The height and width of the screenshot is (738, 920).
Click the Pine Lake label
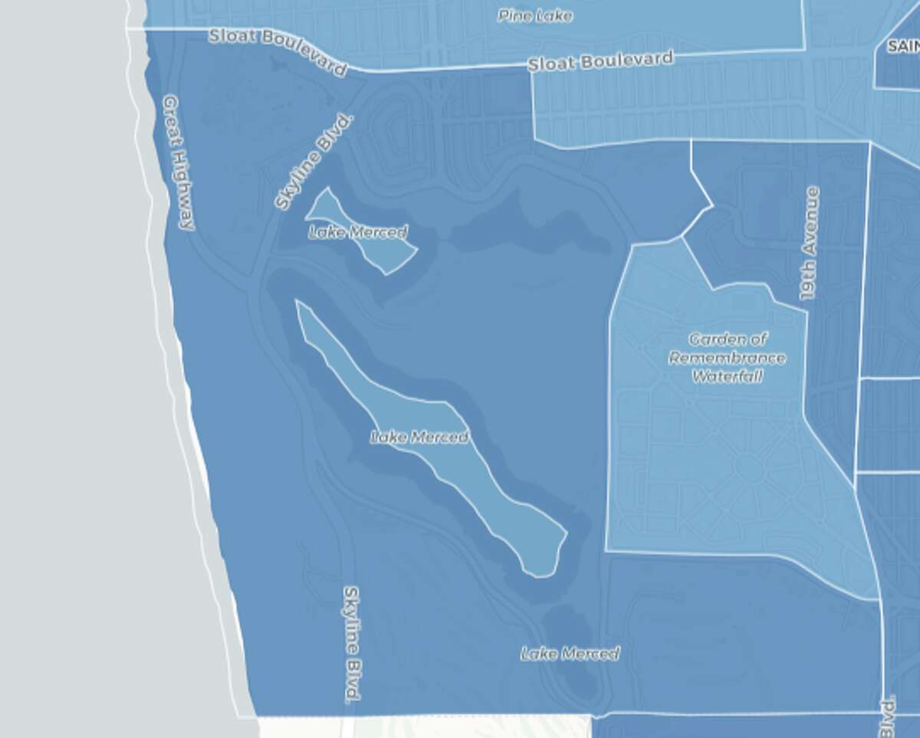534,15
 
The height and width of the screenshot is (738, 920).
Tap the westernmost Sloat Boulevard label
278,51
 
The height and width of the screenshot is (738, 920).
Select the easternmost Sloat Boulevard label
600,61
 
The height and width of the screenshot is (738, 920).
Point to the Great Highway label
179,162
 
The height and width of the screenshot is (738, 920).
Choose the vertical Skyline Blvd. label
352,645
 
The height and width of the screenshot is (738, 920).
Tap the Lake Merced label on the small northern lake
358,231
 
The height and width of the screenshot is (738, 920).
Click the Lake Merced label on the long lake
419,438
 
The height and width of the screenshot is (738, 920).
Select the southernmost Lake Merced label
570,654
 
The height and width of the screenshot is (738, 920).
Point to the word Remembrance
728,358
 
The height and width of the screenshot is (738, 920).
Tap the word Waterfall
728,376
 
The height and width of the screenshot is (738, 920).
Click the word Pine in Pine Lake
513,15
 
